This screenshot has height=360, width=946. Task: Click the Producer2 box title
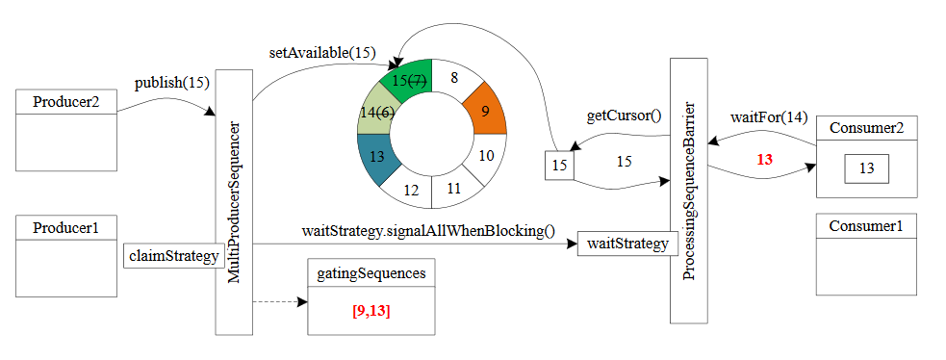(66, 103)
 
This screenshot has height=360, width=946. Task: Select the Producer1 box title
(66, 228)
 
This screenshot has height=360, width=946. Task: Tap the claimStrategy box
(174, 256)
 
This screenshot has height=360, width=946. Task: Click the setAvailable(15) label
(321, 52)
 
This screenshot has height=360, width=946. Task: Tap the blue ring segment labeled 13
(377, 157)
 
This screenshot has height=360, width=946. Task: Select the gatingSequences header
(371, 273)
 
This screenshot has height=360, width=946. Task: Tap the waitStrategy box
(624, 244)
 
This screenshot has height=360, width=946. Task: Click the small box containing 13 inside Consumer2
(866, 168)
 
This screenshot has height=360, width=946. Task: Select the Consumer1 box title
(865, 228)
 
